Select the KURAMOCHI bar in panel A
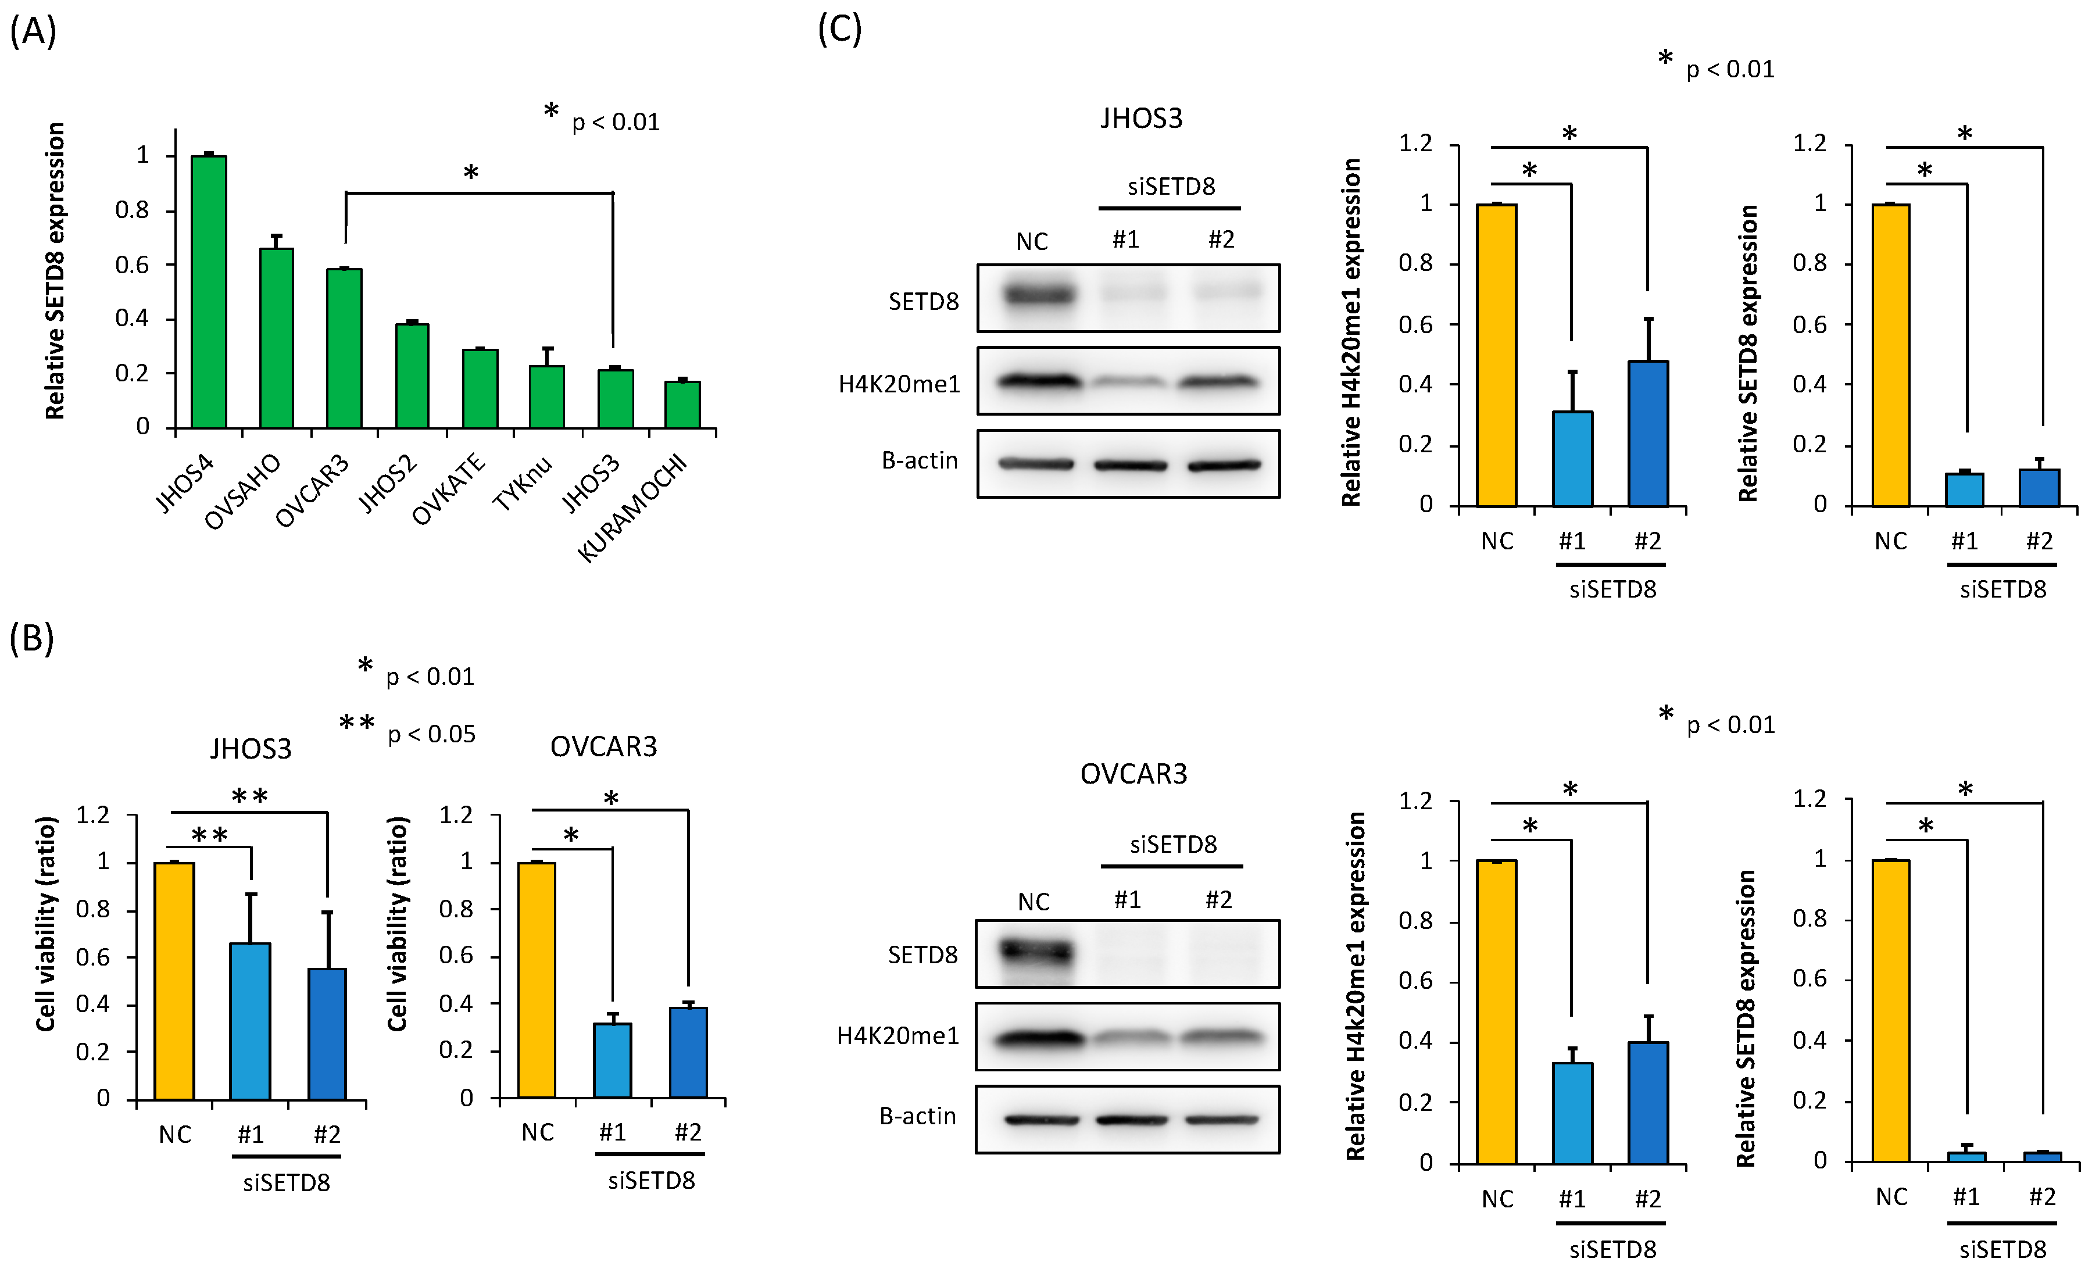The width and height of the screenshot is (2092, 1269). click(682, 405)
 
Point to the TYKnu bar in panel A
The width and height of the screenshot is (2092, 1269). click(547, 396)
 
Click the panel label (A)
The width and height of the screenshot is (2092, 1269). click(33, 32)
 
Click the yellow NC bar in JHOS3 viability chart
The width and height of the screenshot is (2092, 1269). click(174, 981)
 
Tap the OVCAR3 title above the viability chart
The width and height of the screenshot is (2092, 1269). click(604, 747)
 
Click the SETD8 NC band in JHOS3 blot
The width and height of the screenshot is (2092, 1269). click(1038, 295)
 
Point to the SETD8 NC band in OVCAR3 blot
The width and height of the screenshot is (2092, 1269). click(1035, 952)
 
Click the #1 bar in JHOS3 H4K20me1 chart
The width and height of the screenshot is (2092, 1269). click(1572, 459)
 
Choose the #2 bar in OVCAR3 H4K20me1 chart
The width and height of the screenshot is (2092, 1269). click(1648, 1103)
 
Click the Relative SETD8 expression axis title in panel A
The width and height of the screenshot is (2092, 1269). click(55, 271)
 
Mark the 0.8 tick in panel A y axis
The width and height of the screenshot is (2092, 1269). click(133, 210)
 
